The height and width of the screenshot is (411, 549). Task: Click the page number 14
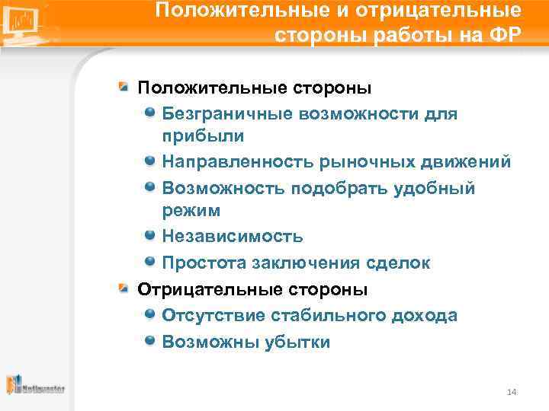(512, 392)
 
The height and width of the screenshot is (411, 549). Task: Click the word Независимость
(232, 237)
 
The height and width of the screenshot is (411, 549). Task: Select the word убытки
(298, 342)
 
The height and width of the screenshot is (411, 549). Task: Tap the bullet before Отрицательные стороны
(123, 289)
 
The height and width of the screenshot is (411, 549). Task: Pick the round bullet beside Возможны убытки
(150, 341)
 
